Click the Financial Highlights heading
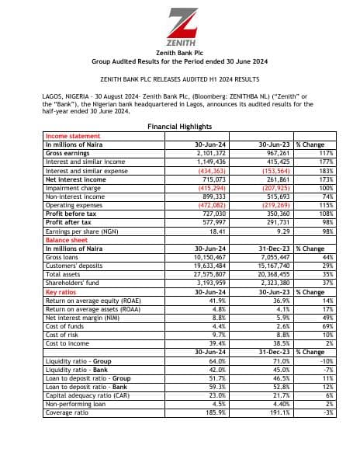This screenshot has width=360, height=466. pos(179,126)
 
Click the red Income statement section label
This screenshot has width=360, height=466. pos(67,136)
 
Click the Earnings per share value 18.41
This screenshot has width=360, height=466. pos(214,231)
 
